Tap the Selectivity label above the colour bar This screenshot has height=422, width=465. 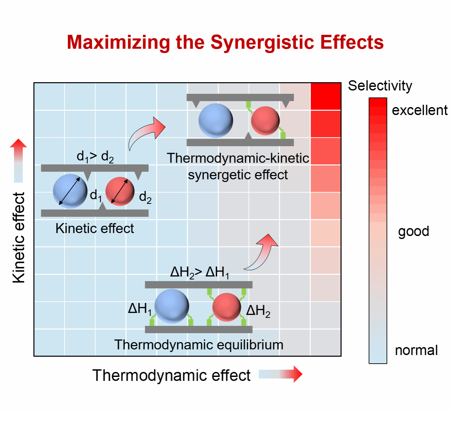point(380,86)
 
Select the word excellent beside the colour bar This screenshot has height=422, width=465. point(419,110)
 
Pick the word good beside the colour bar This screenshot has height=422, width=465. point(413,231)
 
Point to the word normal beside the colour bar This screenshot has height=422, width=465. point(416,350)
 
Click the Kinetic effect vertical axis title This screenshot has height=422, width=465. point(19,238)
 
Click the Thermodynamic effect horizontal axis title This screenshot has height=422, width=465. point(171,376)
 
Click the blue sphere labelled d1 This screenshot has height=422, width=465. point(70,191)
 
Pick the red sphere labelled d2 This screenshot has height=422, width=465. point(120,191)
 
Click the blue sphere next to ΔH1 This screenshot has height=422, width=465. point(172,306)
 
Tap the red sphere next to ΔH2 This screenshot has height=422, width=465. point(227,307)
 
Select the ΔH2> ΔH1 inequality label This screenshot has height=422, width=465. point(199,272)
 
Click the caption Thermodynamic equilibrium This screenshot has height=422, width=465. point(199,345)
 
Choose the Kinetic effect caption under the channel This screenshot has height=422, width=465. point(95,228)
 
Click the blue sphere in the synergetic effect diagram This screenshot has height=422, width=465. point(216,120)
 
